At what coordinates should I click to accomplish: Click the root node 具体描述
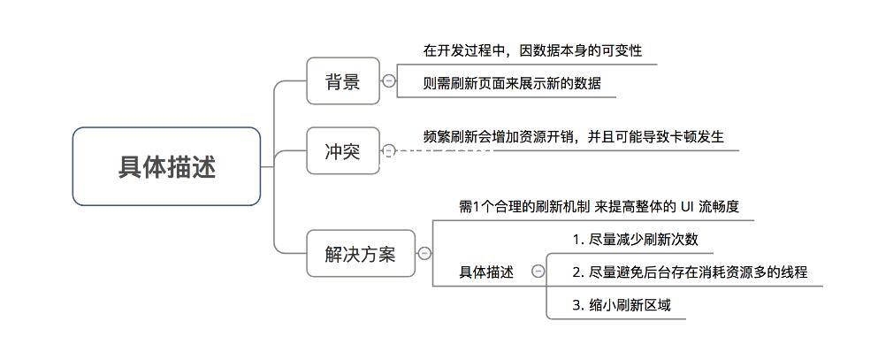[166, 166]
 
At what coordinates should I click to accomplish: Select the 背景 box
[343, 81]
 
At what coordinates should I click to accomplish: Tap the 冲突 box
[343, 150]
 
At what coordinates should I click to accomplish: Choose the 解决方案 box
[361, 253]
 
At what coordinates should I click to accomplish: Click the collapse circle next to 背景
[389, 81]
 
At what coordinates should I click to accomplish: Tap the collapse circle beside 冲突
[389, 150]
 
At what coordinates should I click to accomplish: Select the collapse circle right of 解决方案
[424, 254]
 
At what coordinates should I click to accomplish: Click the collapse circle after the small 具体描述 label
[538, 272]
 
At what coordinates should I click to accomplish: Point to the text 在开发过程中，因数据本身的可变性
[532, 50]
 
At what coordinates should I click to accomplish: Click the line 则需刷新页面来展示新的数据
[512, 83]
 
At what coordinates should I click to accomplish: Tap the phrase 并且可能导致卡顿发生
[656, 136]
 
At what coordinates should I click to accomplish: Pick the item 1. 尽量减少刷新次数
[636, 239]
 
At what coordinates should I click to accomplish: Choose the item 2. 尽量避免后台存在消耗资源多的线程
[690, 272]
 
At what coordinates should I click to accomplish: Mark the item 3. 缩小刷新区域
[622, 305]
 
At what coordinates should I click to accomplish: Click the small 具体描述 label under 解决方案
[486, 272]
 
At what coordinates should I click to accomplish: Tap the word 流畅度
[720, 207]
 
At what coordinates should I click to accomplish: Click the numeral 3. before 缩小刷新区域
[578, 306]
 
